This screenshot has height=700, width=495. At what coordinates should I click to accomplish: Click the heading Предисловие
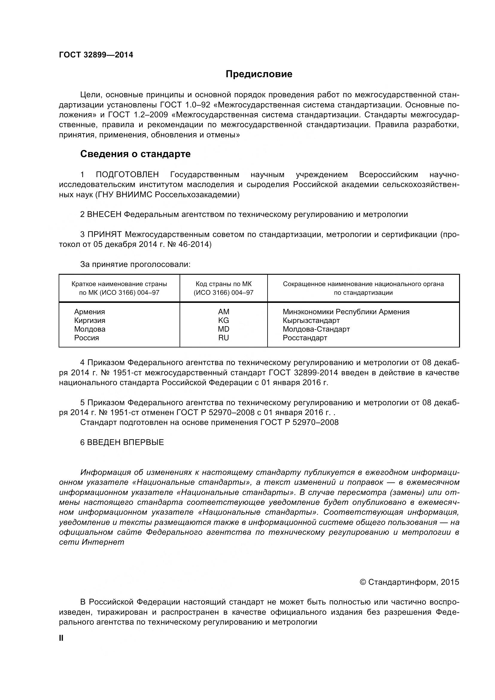point(259,74)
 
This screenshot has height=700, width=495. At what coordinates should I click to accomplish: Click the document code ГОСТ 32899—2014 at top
point(96,55)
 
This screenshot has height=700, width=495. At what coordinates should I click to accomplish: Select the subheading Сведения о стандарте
point(135,154)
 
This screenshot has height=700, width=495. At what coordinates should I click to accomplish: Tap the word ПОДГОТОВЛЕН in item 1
point(127,175)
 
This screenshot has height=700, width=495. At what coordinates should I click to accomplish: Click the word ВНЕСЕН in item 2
point(104,214)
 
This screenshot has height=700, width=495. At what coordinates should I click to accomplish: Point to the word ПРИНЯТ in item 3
point(104,234)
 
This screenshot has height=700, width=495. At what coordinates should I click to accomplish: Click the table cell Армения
point(89,312)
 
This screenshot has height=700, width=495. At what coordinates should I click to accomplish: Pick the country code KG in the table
point(224,321)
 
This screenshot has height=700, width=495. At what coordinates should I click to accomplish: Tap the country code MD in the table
point(224,329)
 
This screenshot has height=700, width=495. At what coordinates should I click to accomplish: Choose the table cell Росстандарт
point(305,338)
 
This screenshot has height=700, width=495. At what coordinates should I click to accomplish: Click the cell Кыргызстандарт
point(311,321)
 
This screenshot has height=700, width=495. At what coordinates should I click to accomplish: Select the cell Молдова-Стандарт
point(316,329)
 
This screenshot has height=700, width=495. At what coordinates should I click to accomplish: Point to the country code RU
point(224,338)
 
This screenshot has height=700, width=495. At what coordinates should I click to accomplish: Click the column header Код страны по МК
point(224,284)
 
